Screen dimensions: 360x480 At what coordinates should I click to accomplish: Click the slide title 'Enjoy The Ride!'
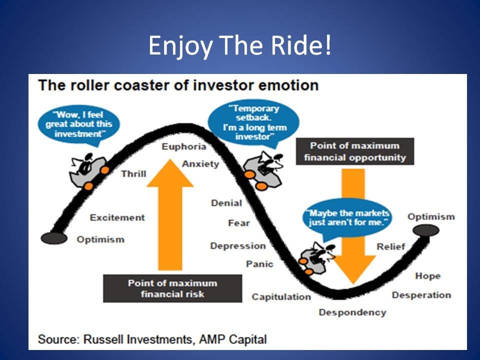tap(239, 46)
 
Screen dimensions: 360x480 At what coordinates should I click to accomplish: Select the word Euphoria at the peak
tap(183, 146)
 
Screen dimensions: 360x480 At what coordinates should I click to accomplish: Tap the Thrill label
tap(133, 173)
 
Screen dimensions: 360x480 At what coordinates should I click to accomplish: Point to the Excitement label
tap(117, 217)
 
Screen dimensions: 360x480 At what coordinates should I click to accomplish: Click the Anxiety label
tap(200, 163)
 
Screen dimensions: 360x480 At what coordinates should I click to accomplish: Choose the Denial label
tap(226, 203)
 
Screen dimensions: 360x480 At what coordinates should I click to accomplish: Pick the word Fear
tap(238, 223)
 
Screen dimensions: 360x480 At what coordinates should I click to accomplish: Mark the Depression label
tap(238, 245)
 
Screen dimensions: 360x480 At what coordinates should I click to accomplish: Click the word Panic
tap(259, 263)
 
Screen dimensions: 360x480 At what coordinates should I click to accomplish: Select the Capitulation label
tap(281, 297)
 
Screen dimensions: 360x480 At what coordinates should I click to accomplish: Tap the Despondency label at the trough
tap(352, 312)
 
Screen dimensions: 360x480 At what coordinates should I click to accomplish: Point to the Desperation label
tap(421, 295)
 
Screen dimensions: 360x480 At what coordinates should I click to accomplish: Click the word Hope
tap(427, 275)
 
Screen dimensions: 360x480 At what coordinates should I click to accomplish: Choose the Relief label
tap(390, 246)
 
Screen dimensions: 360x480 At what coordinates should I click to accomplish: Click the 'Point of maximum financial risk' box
tap(172, 288)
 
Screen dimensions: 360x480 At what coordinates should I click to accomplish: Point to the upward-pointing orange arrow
tap(170, 210)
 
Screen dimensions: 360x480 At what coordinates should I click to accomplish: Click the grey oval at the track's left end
tap(53, 238)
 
